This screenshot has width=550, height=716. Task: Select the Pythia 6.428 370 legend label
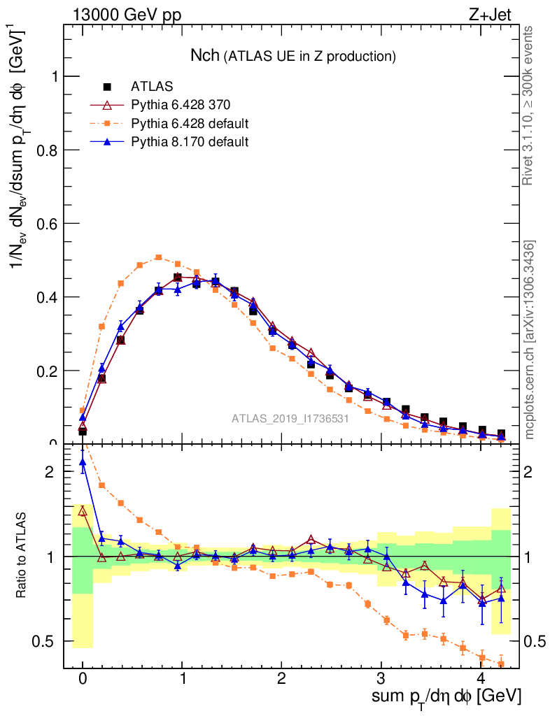(x=181, y=105)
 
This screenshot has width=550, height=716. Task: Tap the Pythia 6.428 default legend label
(x=190, y=124)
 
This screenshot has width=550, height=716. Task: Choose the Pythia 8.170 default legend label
(x=190, y=142)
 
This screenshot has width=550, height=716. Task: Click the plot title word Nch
(x=206, y=55)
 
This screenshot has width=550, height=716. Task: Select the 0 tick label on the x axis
(x=83, y=680)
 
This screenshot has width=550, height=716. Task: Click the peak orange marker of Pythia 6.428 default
(x=159, y=257)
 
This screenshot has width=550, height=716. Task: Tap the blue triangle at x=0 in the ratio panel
(x=83, y=461)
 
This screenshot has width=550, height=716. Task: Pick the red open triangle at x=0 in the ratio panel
(x=83, y=511)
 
